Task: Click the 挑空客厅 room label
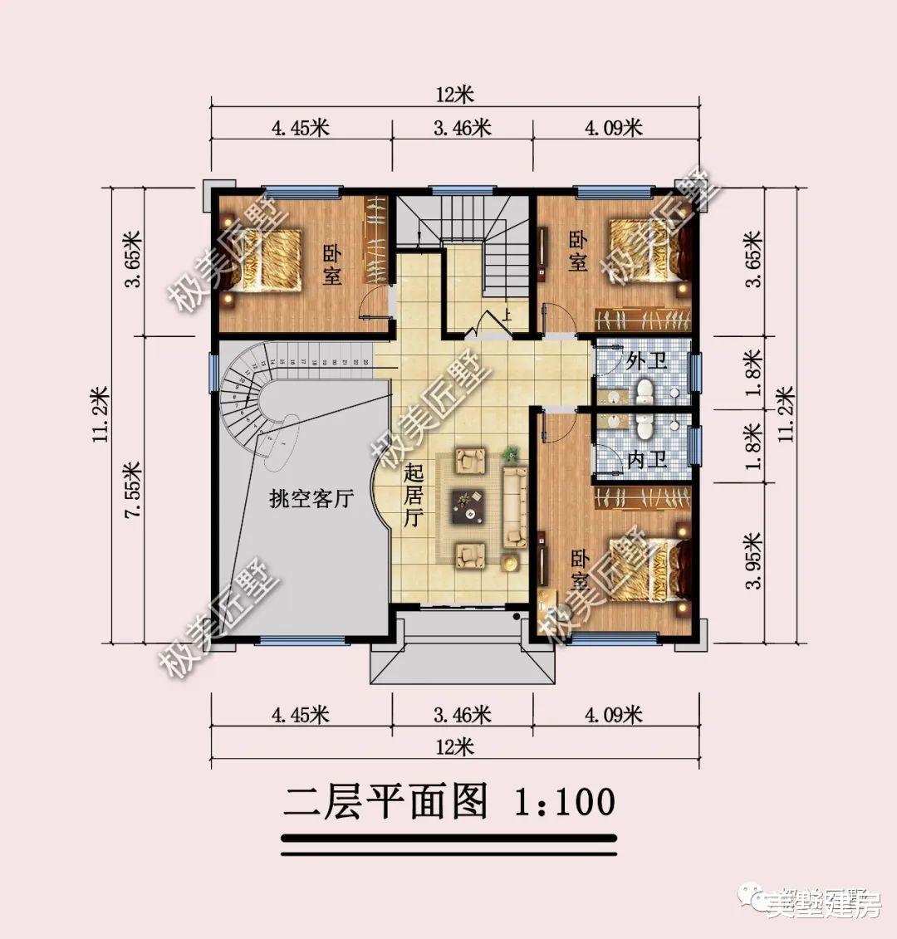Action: (x=311, y=499)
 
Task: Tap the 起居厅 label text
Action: (x=413, y=496)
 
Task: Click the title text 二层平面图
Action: (x=385, y=802)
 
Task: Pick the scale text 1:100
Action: (x=565, y=802)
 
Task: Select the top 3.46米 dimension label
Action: (x=462, y=128)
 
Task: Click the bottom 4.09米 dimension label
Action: (x=613, y=714)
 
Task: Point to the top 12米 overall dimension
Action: (x=453, y=95)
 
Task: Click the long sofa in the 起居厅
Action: (x=516, y=506)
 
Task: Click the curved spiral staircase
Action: (x=257, y=399)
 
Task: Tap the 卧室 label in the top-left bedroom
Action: (x=331, y=265)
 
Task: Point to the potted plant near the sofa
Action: (x=511, y=454)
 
